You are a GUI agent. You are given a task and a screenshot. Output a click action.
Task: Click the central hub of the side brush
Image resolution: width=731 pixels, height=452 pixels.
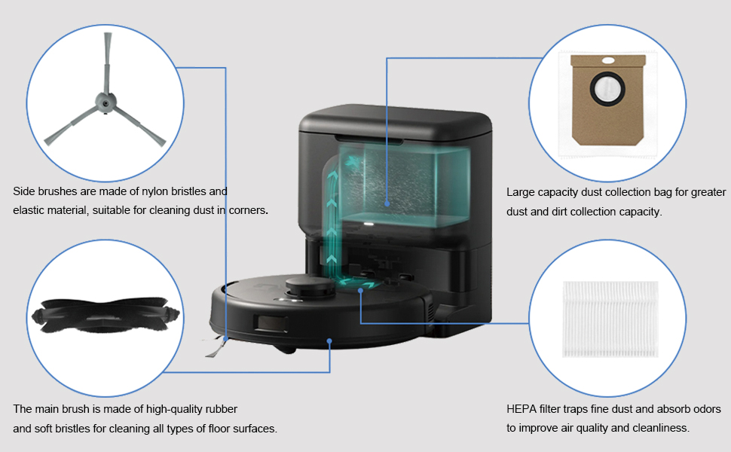(101, 102)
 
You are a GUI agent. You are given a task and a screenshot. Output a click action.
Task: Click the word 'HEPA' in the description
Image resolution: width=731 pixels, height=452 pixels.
(523, 410)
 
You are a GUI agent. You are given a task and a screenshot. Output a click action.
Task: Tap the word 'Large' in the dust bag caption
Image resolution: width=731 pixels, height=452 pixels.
(521, 193)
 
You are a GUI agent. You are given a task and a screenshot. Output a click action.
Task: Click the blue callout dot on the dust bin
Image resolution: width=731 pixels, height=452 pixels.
(387, 203)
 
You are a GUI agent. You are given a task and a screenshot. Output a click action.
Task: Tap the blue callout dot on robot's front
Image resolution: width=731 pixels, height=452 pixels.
(329, 341)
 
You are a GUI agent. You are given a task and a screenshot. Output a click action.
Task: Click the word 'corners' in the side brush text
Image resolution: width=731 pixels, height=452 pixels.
(246, 211)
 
